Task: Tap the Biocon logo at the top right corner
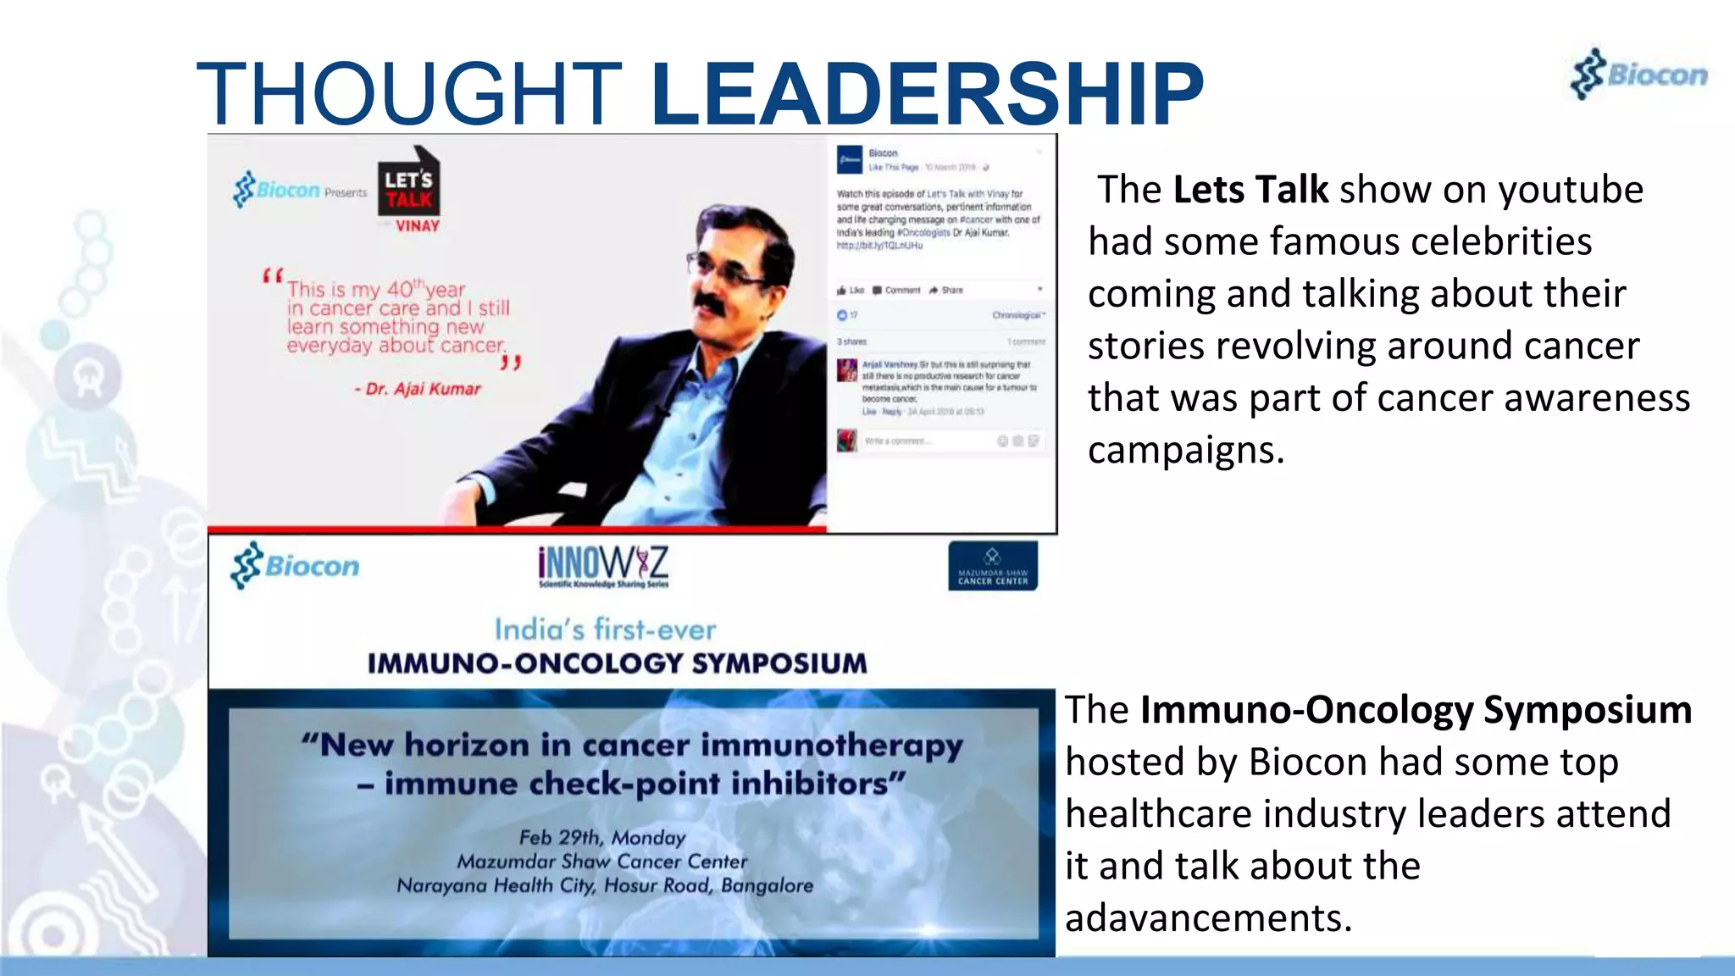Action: [x=1639, y=75]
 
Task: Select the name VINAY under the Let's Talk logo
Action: [x=417, y=226]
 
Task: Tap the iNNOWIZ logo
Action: [x=603, y=565]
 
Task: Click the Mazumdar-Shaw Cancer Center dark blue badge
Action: [x=993, y=566]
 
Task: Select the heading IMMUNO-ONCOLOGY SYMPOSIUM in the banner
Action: [x=617, y=663]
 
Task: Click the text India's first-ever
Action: [x=605, y=629]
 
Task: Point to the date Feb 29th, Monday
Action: [x=602, y=838]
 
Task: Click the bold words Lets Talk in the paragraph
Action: [x=1250, y=189]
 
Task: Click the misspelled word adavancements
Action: [x=1207, y=918]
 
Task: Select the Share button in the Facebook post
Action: [x=947, y=290]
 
